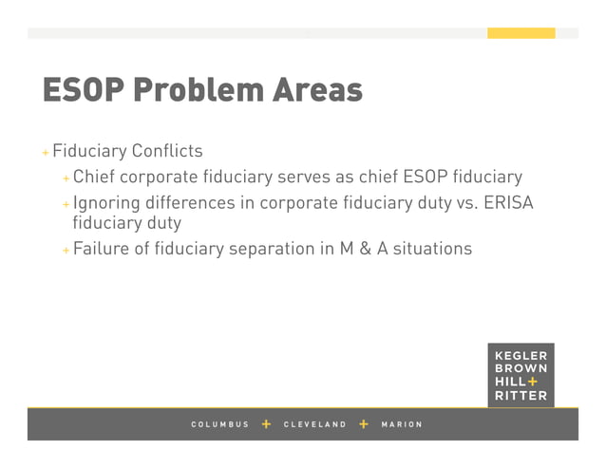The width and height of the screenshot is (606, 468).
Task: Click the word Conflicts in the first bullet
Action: pos(167,152)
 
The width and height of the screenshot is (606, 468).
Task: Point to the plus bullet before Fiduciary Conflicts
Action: pos(45,153)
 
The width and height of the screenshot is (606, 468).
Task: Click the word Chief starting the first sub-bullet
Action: pos(94,178)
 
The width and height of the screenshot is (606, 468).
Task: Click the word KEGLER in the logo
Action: pos(521,357)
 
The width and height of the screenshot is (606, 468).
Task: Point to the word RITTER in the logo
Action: pos(521,396)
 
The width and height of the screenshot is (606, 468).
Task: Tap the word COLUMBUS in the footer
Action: pos(219,424)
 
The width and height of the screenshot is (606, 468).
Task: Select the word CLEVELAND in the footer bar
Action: pos(315,424)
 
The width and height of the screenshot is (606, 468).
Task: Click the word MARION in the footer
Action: pos(401,424)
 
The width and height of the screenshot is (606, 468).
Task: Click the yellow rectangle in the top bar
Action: pos(521,33)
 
